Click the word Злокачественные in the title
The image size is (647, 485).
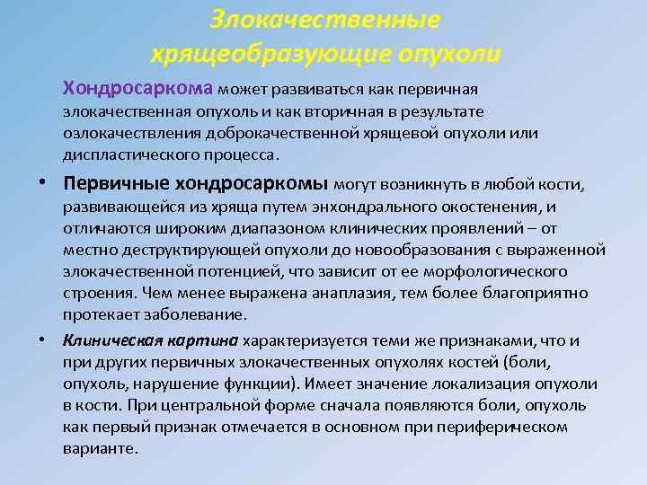[x=324, y=19]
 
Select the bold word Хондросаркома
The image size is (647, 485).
[x=137, y=89]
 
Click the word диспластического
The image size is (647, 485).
[x=123, y=154]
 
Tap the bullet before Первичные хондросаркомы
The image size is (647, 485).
[x=42, y=185]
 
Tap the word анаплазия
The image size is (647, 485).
[x=351, y=293]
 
